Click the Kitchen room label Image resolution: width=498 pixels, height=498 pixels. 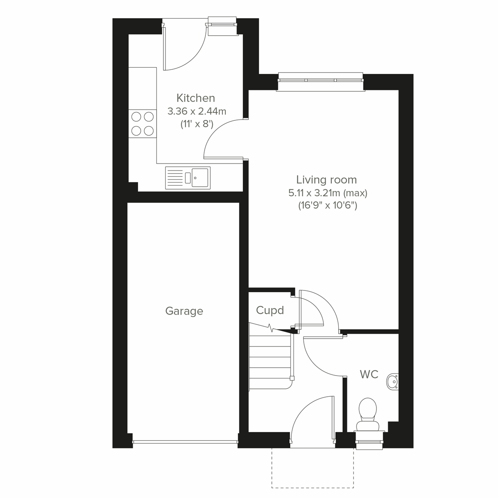pos(196,98)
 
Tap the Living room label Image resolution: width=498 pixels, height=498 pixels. pos(327,180)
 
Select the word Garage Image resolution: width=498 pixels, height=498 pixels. pos(184,311)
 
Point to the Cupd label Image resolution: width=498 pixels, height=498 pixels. pos(270,310)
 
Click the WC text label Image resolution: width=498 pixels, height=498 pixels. pos(369,374)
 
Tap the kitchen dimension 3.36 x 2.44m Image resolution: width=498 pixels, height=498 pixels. pos(197,111)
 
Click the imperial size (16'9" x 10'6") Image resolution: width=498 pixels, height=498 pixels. pos(328,205)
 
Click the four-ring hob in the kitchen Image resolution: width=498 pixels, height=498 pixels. pos(142,124)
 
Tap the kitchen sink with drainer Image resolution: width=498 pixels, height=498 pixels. pos(188,177)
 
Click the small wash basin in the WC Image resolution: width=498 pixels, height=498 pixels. pos(392,381)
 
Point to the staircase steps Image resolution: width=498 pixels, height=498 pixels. pos(270,357)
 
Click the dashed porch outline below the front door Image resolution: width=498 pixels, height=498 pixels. pos(312,473)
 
